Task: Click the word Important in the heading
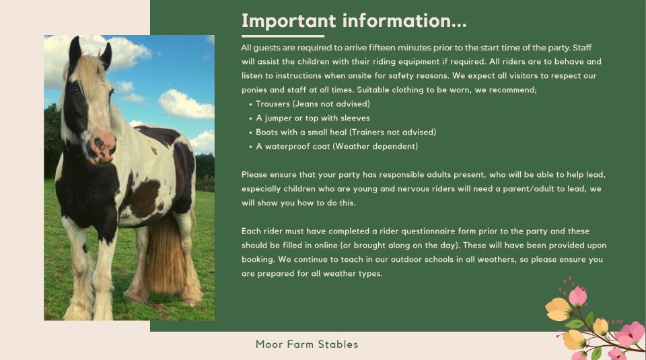[289, 22]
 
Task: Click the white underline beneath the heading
[283, 36]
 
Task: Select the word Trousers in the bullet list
[273, 104]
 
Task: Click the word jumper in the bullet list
[278, 118]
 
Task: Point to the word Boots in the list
[266, 132]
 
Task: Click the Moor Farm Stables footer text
[307, 345]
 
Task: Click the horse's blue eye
[75, 88]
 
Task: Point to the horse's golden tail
[165, 256]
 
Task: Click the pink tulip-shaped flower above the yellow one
[577, 297]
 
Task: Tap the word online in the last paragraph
[326, 246]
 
